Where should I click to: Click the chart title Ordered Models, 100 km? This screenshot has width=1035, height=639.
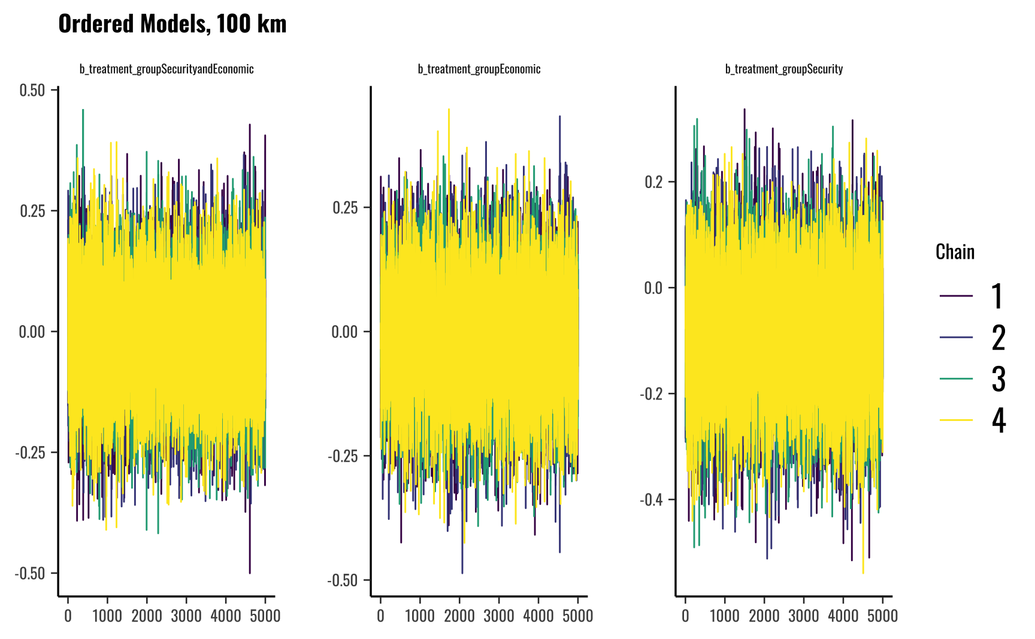click(172, 24)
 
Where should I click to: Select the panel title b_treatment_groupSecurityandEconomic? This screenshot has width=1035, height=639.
click(167, 69)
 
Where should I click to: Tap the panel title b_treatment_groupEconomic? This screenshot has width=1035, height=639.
click(479, 69)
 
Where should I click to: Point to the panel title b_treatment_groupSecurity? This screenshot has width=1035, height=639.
click(784, 69)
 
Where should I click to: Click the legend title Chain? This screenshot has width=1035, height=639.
click(955, 252)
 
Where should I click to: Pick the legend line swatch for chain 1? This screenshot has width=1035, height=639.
click(956, 296)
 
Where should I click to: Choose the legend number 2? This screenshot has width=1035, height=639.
click(998, 338)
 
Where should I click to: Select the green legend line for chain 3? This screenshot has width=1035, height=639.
click(956, 378)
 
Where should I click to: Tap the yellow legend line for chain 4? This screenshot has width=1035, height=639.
click(956, 420)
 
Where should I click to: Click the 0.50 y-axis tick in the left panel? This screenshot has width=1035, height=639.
click(32, 90)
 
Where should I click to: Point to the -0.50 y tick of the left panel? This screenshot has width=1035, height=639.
click(30, 573)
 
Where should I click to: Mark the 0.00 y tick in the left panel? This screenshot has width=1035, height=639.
click(32, 332)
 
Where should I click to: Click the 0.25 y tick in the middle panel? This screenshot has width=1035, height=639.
click(344, 208)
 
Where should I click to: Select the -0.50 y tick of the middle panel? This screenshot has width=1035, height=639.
click(343, 580)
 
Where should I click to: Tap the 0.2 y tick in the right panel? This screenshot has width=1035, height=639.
click(653, 181)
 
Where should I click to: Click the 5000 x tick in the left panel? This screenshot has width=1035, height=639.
click(265, 616)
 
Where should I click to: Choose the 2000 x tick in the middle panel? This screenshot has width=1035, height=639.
click(459, 616)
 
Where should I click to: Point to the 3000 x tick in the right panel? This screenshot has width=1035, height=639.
click(803, 616)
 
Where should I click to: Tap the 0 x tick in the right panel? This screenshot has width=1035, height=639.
click(685, 616)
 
